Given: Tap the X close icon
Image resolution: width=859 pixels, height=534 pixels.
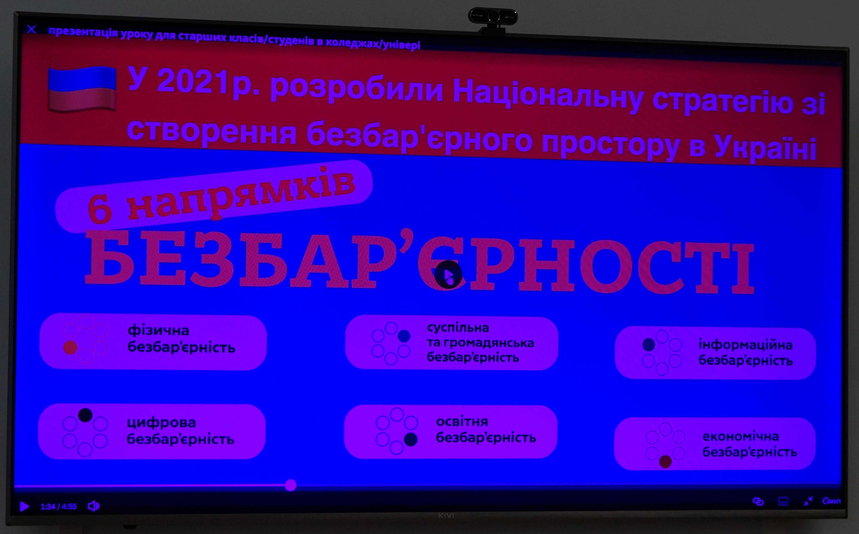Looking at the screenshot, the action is coord(31,29).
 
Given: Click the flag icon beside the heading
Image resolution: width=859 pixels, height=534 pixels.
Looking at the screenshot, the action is coord(82,89).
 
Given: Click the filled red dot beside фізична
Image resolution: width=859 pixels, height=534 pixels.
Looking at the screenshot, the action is coord(70,347).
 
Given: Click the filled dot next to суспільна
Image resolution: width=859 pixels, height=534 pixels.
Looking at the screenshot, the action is coord(404,336).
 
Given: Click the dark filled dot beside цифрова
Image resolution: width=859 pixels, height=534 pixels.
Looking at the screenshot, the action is coord(85,415).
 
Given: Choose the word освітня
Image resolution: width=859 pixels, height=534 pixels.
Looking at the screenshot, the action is coord(462,421).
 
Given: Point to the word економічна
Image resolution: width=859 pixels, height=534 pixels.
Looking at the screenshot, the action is coord(741,436).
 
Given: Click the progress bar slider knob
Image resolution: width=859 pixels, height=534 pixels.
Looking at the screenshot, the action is coord(291,485).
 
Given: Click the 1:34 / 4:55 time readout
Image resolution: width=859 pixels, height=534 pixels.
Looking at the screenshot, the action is coord(59,507).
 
